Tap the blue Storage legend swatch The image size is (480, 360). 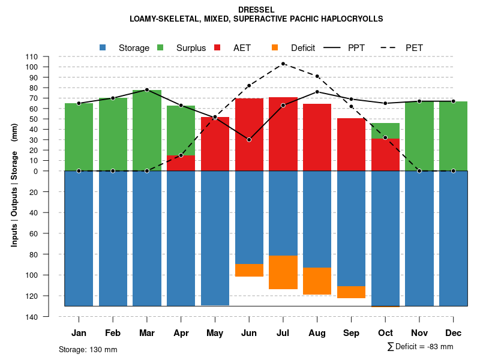point(103,47)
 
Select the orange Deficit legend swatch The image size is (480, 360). point(275,47)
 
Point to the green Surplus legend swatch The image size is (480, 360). point(160,47)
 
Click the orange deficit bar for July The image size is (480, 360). point(283,272)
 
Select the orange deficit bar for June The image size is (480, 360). point(249,270)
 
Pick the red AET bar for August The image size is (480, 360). point(317,137)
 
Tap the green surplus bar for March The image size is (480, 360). point(147,130)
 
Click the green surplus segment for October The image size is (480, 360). point(386,131)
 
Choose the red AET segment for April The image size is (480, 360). point(181,163)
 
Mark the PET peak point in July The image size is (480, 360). point(283,64)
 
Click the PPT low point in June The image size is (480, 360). point(249,140)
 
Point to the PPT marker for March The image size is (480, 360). point(147,90)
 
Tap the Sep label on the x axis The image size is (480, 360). point(351,333)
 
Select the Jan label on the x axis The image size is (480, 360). point(79,333)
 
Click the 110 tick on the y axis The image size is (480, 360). point(32,56)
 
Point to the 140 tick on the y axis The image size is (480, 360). point(32,316)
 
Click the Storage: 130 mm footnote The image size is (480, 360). point(88,349)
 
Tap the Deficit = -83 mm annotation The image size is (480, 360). point(421,346)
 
